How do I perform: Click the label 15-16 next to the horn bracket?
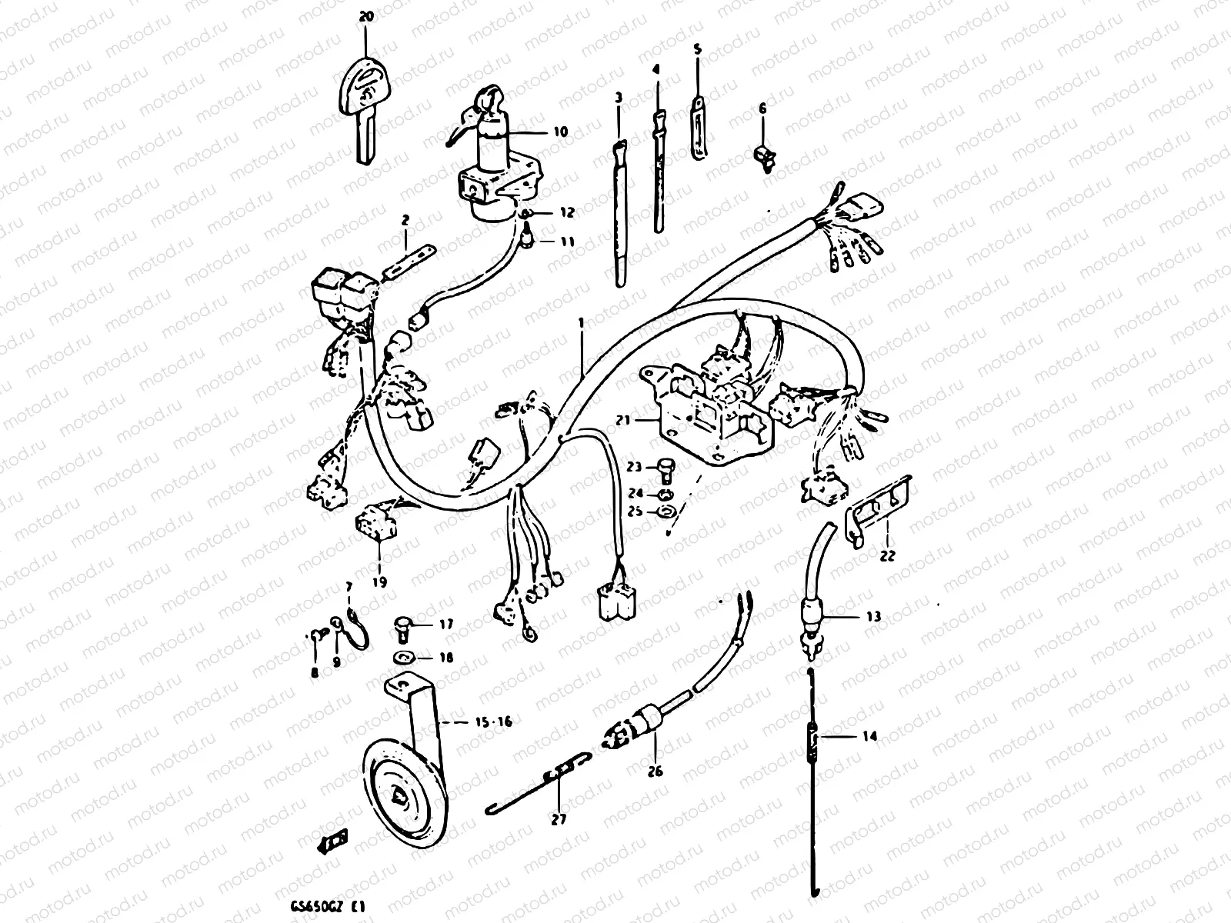tap(493, 721)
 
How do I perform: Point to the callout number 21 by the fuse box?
tap(622, 420)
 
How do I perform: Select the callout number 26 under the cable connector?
tap(656, 771)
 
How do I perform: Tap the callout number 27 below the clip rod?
tap(559, 819)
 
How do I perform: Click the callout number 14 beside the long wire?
tap(869, 736)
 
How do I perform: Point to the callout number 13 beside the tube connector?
tap(872, 617)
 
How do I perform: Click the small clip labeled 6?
tap(764, 156)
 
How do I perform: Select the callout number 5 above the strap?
tap(698, 48)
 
